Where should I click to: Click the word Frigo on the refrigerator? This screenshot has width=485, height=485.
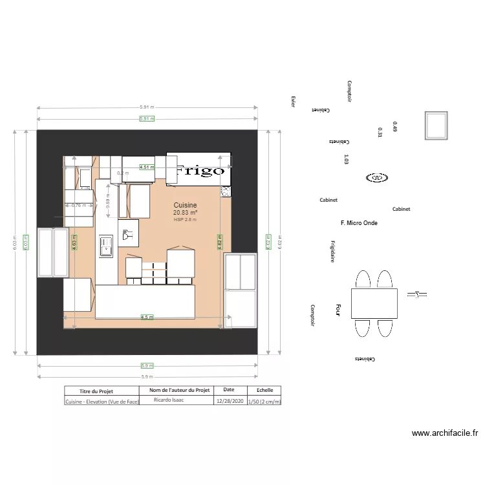[200, 171]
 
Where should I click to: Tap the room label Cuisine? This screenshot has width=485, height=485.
[184, 205]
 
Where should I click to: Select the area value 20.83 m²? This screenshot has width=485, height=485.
[185, 213]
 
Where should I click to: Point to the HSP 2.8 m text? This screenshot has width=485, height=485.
[185, 220]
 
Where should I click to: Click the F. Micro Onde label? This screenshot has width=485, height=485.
[359, 223]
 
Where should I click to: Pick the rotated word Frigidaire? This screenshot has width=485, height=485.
[332, 252]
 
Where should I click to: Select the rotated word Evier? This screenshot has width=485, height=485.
[293, 102]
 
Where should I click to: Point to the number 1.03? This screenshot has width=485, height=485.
[347, 159]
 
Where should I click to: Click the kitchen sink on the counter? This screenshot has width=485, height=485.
[105, 246]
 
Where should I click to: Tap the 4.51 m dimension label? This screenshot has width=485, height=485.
[147, 167]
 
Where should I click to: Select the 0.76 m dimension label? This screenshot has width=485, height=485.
[79, 206]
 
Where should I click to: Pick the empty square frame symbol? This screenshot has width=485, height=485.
[436, 125]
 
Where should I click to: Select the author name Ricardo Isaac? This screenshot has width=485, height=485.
[169, 400]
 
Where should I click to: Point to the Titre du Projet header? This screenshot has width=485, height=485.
[101, 391]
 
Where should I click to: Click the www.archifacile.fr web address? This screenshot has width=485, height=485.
[444, 433]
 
